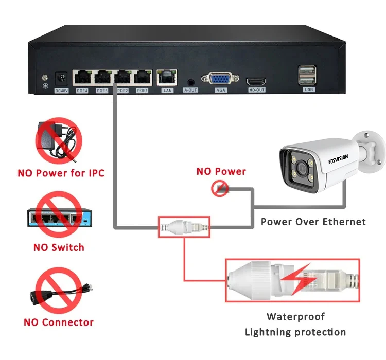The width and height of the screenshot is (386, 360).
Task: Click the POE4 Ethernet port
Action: (81, 78)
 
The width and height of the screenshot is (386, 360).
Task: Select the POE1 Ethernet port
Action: (142, 78)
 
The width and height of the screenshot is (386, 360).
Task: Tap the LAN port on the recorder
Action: (167, 78)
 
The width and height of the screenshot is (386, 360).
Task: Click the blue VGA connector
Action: (220, 79)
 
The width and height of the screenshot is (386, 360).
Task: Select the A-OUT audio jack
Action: (191, 81)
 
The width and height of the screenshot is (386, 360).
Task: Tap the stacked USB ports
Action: (305, 75)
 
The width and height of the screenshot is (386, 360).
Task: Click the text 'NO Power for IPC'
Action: (61, 173)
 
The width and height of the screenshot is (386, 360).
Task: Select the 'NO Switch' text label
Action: (58, 247)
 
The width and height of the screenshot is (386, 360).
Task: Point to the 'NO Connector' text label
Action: (58, 322)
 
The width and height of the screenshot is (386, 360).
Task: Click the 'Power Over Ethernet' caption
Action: (313, 222)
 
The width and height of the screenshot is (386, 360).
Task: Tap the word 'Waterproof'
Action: (295, 316)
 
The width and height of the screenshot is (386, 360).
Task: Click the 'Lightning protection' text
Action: (295, 332)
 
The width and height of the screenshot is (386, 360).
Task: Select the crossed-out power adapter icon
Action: (59, 140)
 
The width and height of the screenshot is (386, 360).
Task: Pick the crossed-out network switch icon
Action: (58, 218)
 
